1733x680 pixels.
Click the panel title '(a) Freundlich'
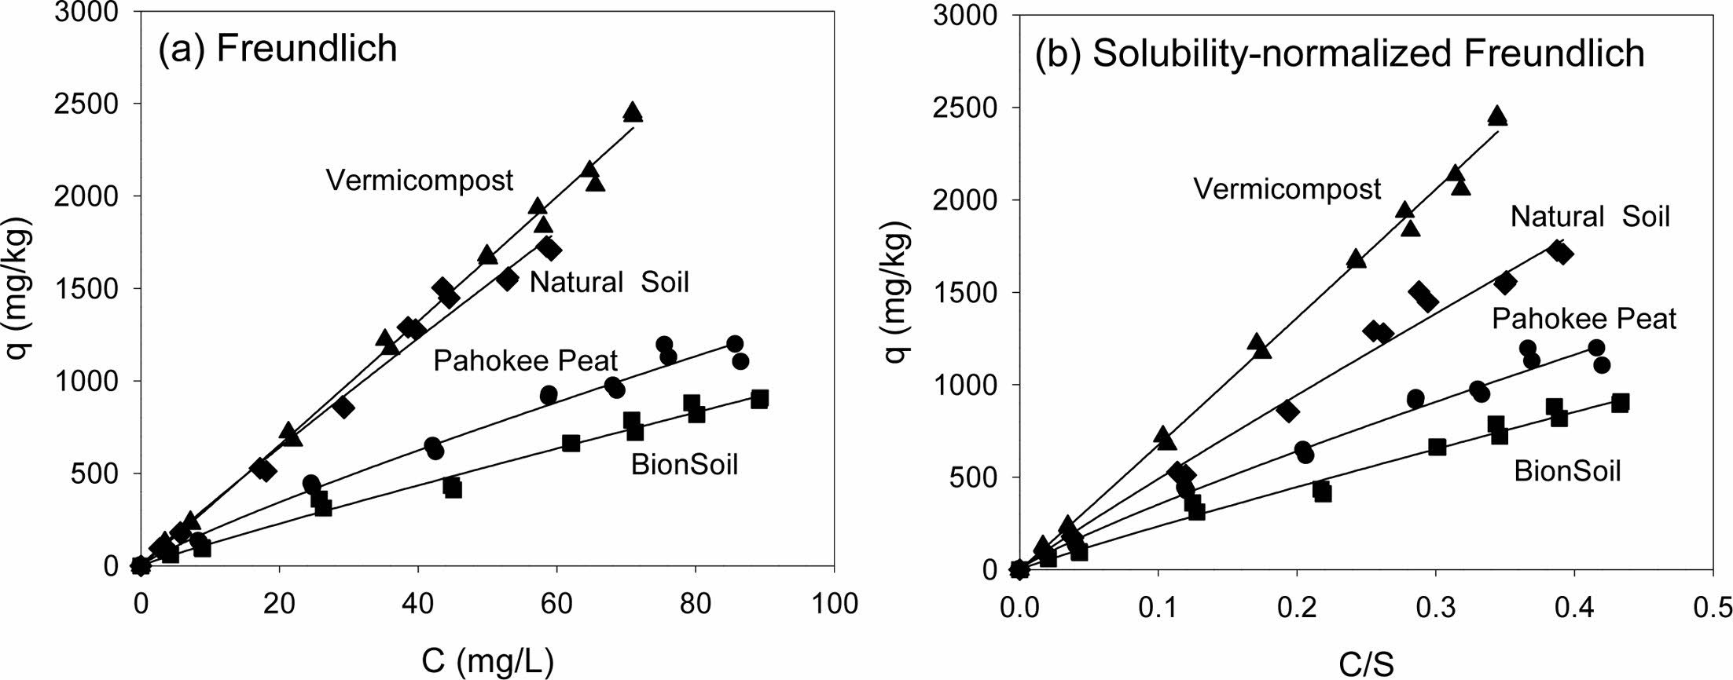point(277,49)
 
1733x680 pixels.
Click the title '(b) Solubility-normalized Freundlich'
point(1339,53)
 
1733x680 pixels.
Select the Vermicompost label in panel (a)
point(419,181)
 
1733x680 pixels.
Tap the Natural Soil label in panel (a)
point(608,282)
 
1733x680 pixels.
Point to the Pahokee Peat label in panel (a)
point(525,361)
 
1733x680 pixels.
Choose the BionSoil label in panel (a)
point(684,465)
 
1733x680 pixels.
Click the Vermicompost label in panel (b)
point(1287,189)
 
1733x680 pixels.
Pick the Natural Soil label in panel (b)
point(1589,217)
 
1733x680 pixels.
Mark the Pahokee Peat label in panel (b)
point(1584,319)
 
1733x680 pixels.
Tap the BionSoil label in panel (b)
point(1567,471)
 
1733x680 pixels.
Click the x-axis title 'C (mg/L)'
point(487,661)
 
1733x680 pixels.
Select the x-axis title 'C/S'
point(1366,666)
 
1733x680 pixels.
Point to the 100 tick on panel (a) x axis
point(833,603)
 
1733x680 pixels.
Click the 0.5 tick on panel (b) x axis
point(1713,607)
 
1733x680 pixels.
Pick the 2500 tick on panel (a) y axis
point(86,104)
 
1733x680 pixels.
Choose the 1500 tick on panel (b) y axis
point(964,292)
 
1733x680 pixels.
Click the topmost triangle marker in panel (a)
point(633,112)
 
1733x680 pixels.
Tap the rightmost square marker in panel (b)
point(1620,403)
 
